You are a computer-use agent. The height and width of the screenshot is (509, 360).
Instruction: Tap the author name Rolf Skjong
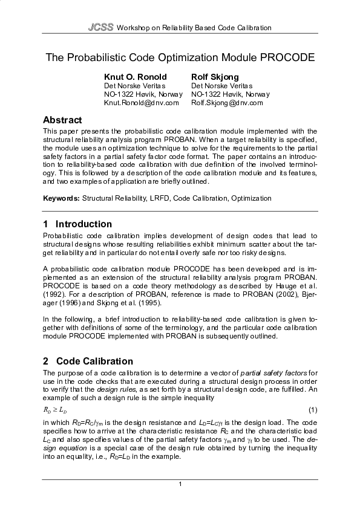pyautogui.click(x=215, y=77)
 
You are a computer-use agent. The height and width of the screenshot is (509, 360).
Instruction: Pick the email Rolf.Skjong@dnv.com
pyautogui.click(x=227, y=103)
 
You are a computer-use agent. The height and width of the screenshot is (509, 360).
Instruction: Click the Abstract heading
pyautogui.click(x=62, y=120)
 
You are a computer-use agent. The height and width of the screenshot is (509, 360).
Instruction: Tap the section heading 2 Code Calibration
pyautogui.click(x=88, y=361)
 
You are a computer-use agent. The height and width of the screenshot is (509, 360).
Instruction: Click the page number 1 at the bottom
pyautogui.click(x=180, y=485)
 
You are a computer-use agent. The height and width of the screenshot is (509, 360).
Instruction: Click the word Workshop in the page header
pyautogui.click(x=133, y=28)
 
